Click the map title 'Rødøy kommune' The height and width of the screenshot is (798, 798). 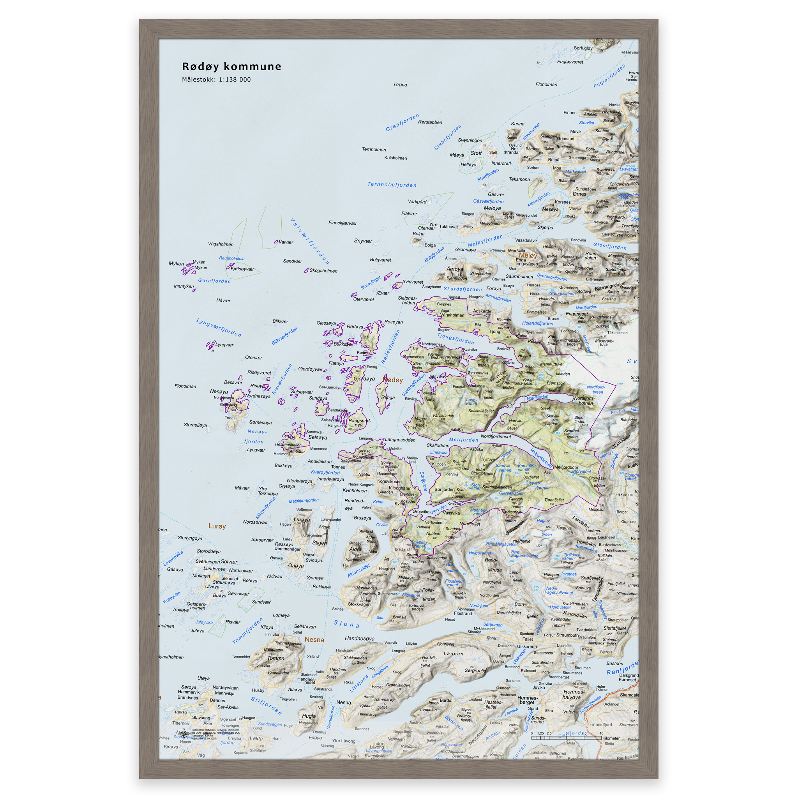coord(231,67)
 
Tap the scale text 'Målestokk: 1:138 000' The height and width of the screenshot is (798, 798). coord(216,80)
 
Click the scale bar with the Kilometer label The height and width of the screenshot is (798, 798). coord(566,738)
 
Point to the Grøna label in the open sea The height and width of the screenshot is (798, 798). coord(400,85)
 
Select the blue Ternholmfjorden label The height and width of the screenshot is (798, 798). coord(392,185)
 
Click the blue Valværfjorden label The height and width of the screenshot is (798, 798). coord(310,241)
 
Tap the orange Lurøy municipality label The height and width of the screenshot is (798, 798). coord(217,526)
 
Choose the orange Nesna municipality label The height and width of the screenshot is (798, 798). coord(314,640)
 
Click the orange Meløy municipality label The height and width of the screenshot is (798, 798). coord(528,255)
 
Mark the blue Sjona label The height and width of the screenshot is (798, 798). coord(346,624)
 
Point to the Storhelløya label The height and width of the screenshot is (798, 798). coord(195,425)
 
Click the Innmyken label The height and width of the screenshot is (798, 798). coord(184,286)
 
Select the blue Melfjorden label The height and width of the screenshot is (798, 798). coord(463,440)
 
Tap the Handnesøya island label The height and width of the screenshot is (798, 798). coord(359,639)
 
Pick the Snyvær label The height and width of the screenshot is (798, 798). coord(363,241)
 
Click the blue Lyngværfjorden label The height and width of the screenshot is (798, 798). coord(219,328)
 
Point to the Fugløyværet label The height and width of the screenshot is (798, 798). coord(570,62)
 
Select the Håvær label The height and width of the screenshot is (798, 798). coord(223,300)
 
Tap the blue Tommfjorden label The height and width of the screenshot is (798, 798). coord(247,631)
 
